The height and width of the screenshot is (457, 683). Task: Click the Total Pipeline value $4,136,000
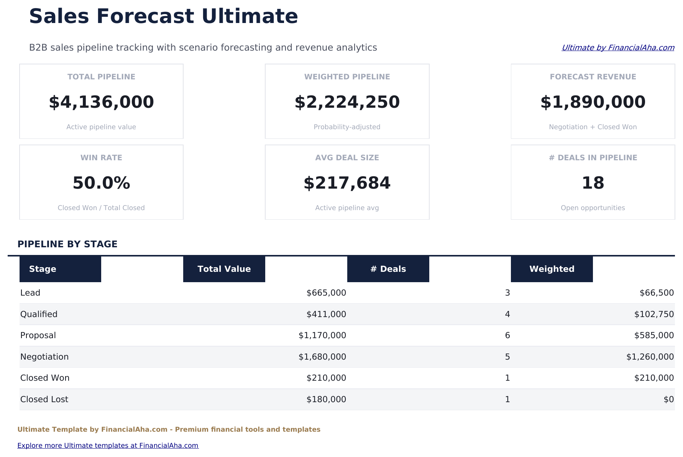(101, 102)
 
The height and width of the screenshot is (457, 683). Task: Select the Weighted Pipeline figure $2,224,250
(347, 102)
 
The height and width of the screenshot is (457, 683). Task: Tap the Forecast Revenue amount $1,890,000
(593, 102)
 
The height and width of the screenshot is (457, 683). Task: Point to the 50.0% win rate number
(101, 183)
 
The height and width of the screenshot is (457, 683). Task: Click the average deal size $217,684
(347, 183)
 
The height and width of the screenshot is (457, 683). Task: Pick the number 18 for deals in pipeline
(593, 183)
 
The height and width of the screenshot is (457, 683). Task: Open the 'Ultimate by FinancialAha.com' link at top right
(617, 48)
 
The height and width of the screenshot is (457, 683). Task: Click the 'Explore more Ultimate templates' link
(108, 445)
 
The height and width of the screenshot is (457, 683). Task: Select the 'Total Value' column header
(224, 269)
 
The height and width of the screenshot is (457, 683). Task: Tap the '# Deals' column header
(388, 269)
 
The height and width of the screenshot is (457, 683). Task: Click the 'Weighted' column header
(552, 269)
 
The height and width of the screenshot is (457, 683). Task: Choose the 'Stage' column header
(43, 269)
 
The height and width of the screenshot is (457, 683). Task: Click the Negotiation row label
(44, 357)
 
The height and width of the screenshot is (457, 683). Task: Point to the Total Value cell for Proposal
(322, 335)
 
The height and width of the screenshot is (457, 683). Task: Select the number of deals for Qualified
(507, 314)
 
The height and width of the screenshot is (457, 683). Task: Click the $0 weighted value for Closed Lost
(668, 399)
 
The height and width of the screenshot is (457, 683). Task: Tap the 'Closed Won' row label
(45, 378)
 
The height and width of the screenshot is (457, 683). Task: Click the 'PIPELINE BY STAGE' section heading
(67, 244)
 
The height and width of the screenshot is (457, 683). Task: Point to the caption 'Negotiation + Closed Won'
(593, 127)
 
